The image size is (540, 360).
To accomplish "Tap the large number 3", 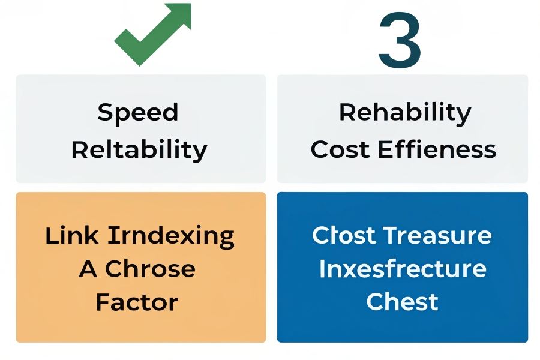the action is click(x=400, y=41).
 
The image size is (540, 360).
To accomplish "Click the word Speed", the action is click(x=138, y=112).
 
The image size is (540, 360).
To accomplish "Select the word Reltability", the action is click(x=139, y=150).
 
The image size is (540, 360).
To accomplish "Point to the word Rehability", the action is click(x=405, y=113).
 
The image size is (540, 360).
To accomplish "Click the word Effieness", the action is click(x=437, y=149).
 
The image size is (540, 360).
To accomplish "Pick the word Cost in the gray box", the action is click(x=340, y=149).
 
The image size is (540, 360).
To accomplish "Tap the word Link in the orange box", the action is click(x=71, y=236).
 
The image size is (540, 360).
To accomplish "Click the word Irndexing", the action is click(x=171, y=236).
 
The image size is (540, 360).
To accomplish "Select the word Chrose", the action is click(x=150, y=269).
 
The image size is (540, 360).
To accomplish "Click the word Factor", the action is click(x=137, y=302).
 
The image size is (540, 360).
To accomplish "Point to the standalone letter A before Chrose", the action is click(x=88, y=269).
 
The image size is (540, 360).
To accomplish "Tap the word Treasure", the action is click(x=437, y=235).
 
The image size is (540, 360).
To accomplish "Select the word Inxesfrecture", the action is click(x=403, y=268).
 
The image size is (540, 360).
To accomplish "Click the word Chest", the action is click(x=402, y=301).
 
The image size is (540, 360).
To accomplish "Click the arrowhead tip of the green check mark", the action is click(x=190, y=4).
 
